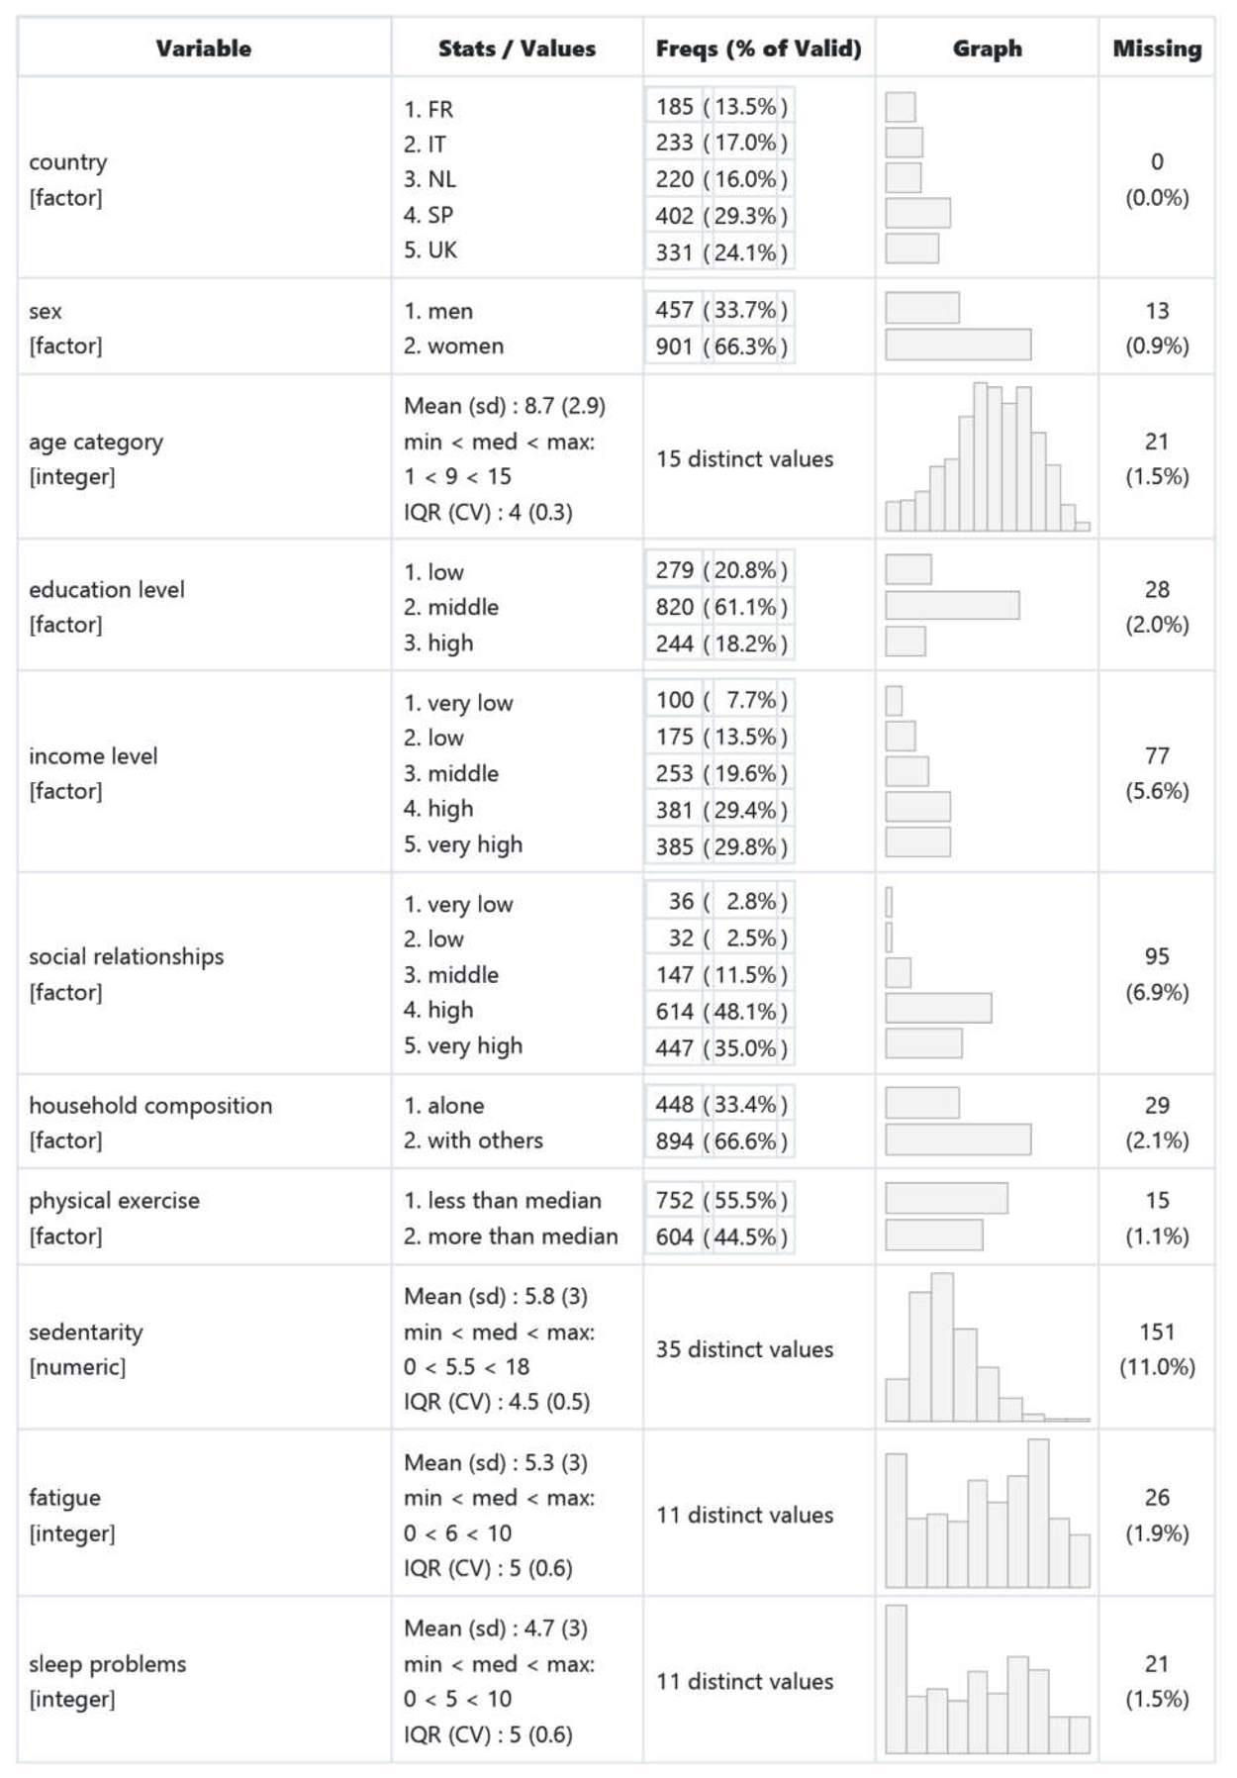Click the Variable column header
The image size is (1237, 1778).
203,49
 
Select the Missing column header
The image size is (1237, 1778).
1156,49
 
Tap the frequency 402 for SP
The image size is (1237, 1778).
674,216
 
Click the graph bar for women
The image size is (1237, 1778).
957,345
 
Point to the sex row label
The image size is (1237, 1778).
46,311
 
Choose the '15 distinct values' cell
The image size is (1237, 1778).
744,458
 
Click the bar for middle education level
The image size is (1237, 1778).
951,605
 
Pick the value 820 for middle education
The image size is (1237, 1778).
674,607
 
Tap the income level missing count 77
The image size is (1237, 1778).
1156,755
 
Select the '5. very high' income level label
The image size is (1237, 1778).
462,844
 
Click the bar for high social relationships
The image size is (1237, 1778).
937,1008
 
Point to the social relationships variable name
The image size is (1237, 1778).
126,956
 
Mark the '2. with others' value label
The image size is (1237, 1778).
473,1140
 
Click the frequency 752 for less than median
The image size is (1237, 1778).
674,1200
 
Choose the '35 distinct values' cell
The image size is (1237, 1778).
744,1349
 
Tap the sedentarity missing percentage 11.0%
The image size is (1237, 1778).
1156,1367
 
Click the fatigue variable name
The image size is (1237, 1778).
64,1498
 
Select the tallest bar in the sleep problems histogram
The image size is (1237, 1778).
896,1678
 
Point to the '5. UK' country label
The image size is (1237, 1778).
429,250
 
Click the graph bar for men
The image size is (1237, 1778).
921,308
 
